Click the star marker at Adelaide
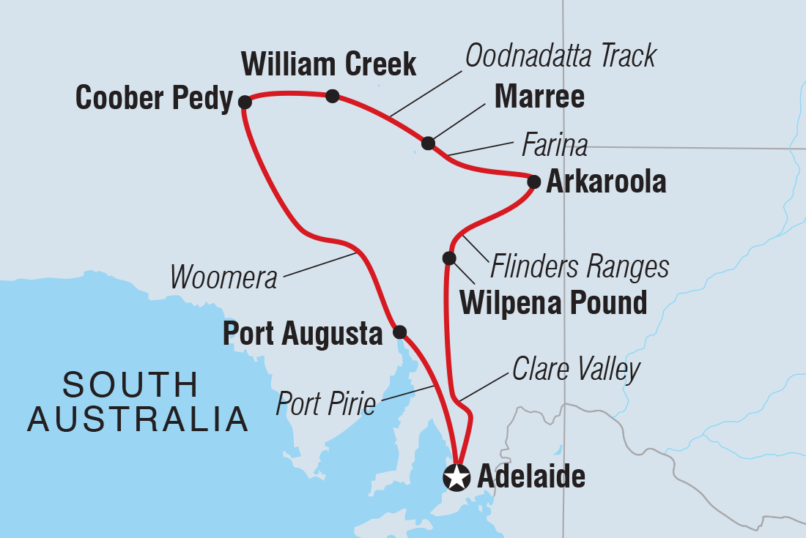tap(456, 478)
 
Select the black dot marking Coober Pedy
tap(245, 102)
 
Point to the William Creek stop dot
tap(332, 95)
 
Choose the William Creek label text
tap(328, 64)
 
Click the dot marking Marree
tap(428, 143)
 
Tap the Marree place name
tap(539, 97)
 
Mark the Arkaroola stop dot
tap(533, 182)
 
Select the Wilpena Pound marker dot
tap(449, 258)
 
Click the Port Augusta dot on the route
tap(399, 332)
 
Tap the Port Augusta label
tap(303, 334)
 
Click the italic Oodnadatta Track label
tap(561, 56)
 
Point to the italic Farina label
tap(554, 146)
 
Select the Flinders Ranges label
tap(579, 267)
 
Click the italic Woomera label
tap(223, 277)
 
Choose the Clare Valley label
tap(576, 370)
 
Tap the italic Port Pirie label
tap(326, 403)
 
